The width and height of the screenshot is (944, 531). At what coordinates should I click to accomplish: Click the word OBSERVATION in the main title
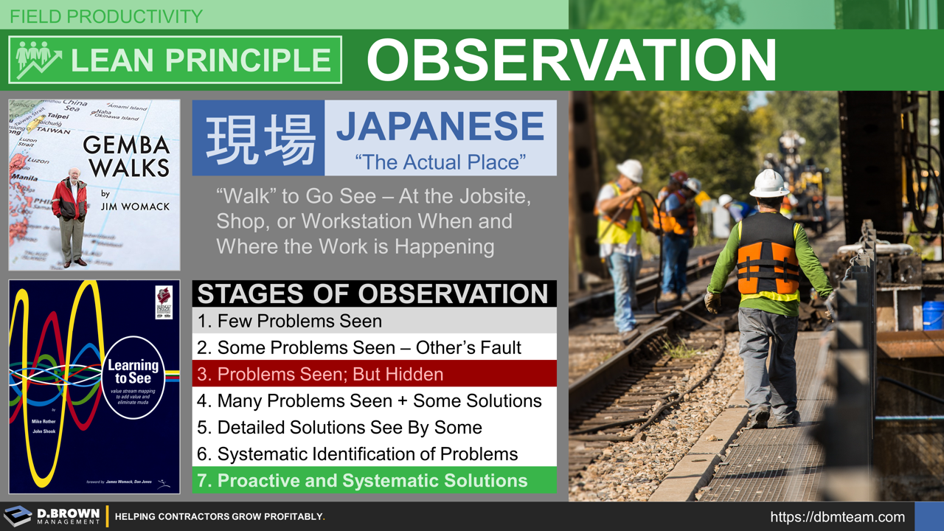[x=572, y=60]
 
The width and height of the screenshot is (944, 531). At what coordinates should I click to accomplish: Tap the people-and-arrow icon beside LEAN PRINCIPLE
[x=35, y=60]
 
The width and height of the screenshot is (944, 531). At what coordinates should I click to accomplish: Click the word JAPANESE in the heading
[x=440, y=127]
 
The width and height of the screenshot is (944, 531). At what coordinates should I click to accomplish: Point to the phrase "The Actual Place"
[x=440, y=162]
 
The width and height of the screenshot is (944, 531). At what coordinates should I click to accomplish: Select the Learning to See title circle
[x=133, y=377]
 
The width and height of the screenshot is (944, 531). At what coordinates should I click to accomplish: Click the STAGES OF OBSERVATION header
[x=373, y=294]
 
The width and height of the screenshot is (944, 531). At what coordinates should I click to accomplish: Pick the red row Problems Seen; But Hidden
[x=320, y=374]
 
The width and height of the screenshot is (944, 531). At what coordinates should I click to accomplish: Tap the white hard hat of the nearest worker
[x=769, y=184]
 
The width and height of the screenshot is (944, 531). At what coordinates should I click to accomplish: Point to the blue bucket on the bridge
[x=932, y=315]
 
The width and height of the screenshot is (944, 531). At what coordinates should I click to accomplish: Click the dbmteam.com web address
[x=837, y=517]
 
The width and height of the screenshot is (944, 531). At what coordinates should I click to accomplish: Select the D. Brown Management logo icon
[x=18, y=516]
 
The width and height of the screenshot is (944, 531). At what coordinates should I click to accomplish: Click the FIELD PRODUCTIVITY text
[x=106, y=16]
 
